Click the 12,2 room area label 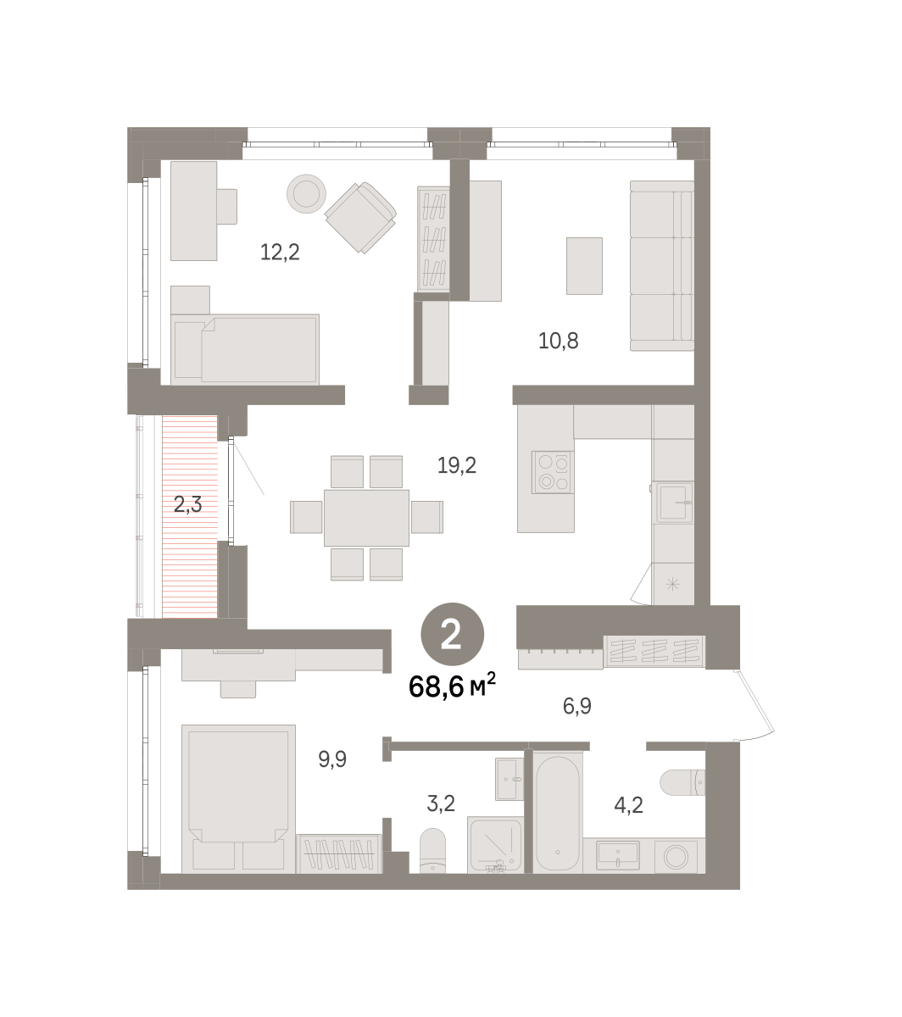[x=280, y=252]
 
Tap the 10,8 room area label [x=558, y=341]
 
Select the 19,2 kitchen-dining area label [x=457, y=465]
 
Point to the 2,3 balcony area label [x=188, y=504]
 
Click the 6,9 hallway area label [x=576, y=706]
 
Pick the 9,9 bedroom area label [x=332, y=759]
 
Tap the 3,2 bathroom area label [x=441, y=803]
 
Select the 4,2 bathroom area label [x=628, y=805]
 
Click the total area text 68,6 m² [x=452, y=685]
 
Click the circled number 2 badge [x=452, y=635]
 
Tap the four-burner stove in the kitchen [x=553, y=472]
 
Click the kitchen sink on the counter [x=673, y=503]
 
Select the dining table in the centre [x=366, y=518]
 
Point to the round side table [x=306, y=193]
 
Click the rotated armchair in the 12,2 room [x=360, y=217]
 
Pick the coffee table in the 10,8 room [x=584, y=266]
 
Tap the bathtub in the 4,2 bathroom [x=558, y=814]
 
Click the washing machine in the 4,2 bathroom [x=676, y=856]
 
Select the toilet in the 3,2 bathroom [x=432, y=850]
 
